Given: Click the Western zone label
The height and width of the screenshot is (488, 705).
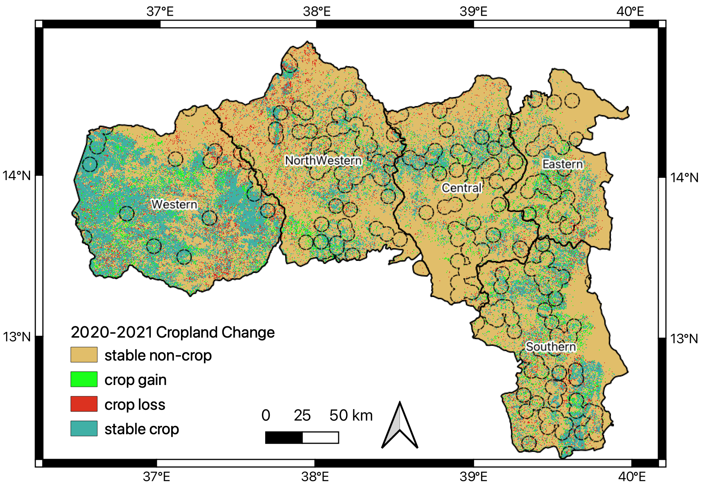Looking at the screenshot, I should point(174,204).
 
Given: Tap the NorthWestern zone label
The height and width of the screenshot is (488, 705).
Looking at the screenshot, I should point(324,161).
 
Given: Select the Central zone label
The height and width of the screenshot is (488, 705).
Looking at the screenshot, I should point(462,188).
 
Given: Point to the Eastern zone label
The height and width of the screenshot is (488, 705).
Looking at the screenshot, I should point(562,164).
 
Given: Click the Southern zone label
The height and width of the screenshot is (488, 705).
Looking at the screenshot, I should point(551,346).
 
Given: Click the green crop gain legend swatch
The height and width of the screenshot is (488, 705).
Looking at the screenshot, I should point(84,379).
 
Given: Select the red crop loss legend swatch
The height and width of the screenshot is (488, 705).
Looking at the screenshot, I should point(84,404).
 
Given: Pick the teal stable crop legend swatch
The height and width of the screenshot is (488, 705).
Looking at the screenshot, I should point(84,428).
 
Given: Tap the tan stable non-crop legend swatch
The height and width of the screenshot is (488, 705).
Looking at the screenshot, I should point(84,355).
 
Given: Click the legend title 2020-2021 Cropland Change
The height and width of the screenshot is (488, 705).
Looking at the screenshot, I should point(173,332).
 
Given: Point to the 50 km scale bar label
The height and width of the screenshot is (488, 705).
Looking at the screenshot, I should point(351,415).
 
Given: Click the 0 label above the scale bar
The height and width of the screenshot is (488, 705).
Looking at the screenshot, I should point(266,415).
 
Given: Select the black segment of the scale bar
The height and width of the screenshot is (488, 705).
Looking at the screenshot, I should point(284,438).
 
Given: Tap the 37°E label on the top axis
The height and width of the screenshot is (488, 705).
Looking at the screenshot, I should point(160,12).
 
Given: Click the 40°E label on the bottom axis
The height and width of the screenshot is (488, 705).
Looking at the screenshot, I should point(630,477).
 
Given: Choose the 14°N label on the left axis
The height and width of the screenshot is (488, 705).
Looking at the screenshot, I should point(17,176).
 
